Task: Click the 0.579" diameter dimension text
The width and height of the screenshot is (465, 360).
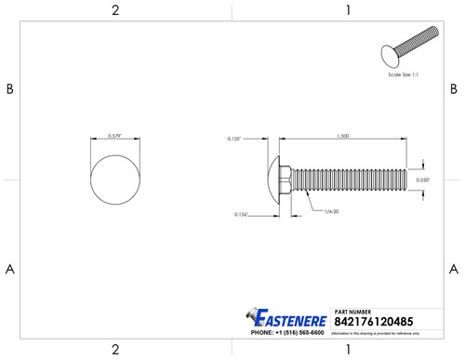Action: coord(116,137)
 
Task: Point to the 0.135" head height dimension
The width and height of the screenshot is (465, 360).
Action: coord(233,139)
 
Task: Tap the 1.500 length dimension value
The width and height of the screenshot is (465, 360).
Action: coord(343,137)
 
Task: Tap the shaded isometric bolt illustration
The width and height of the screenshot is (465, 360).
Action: coord(410,51)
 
